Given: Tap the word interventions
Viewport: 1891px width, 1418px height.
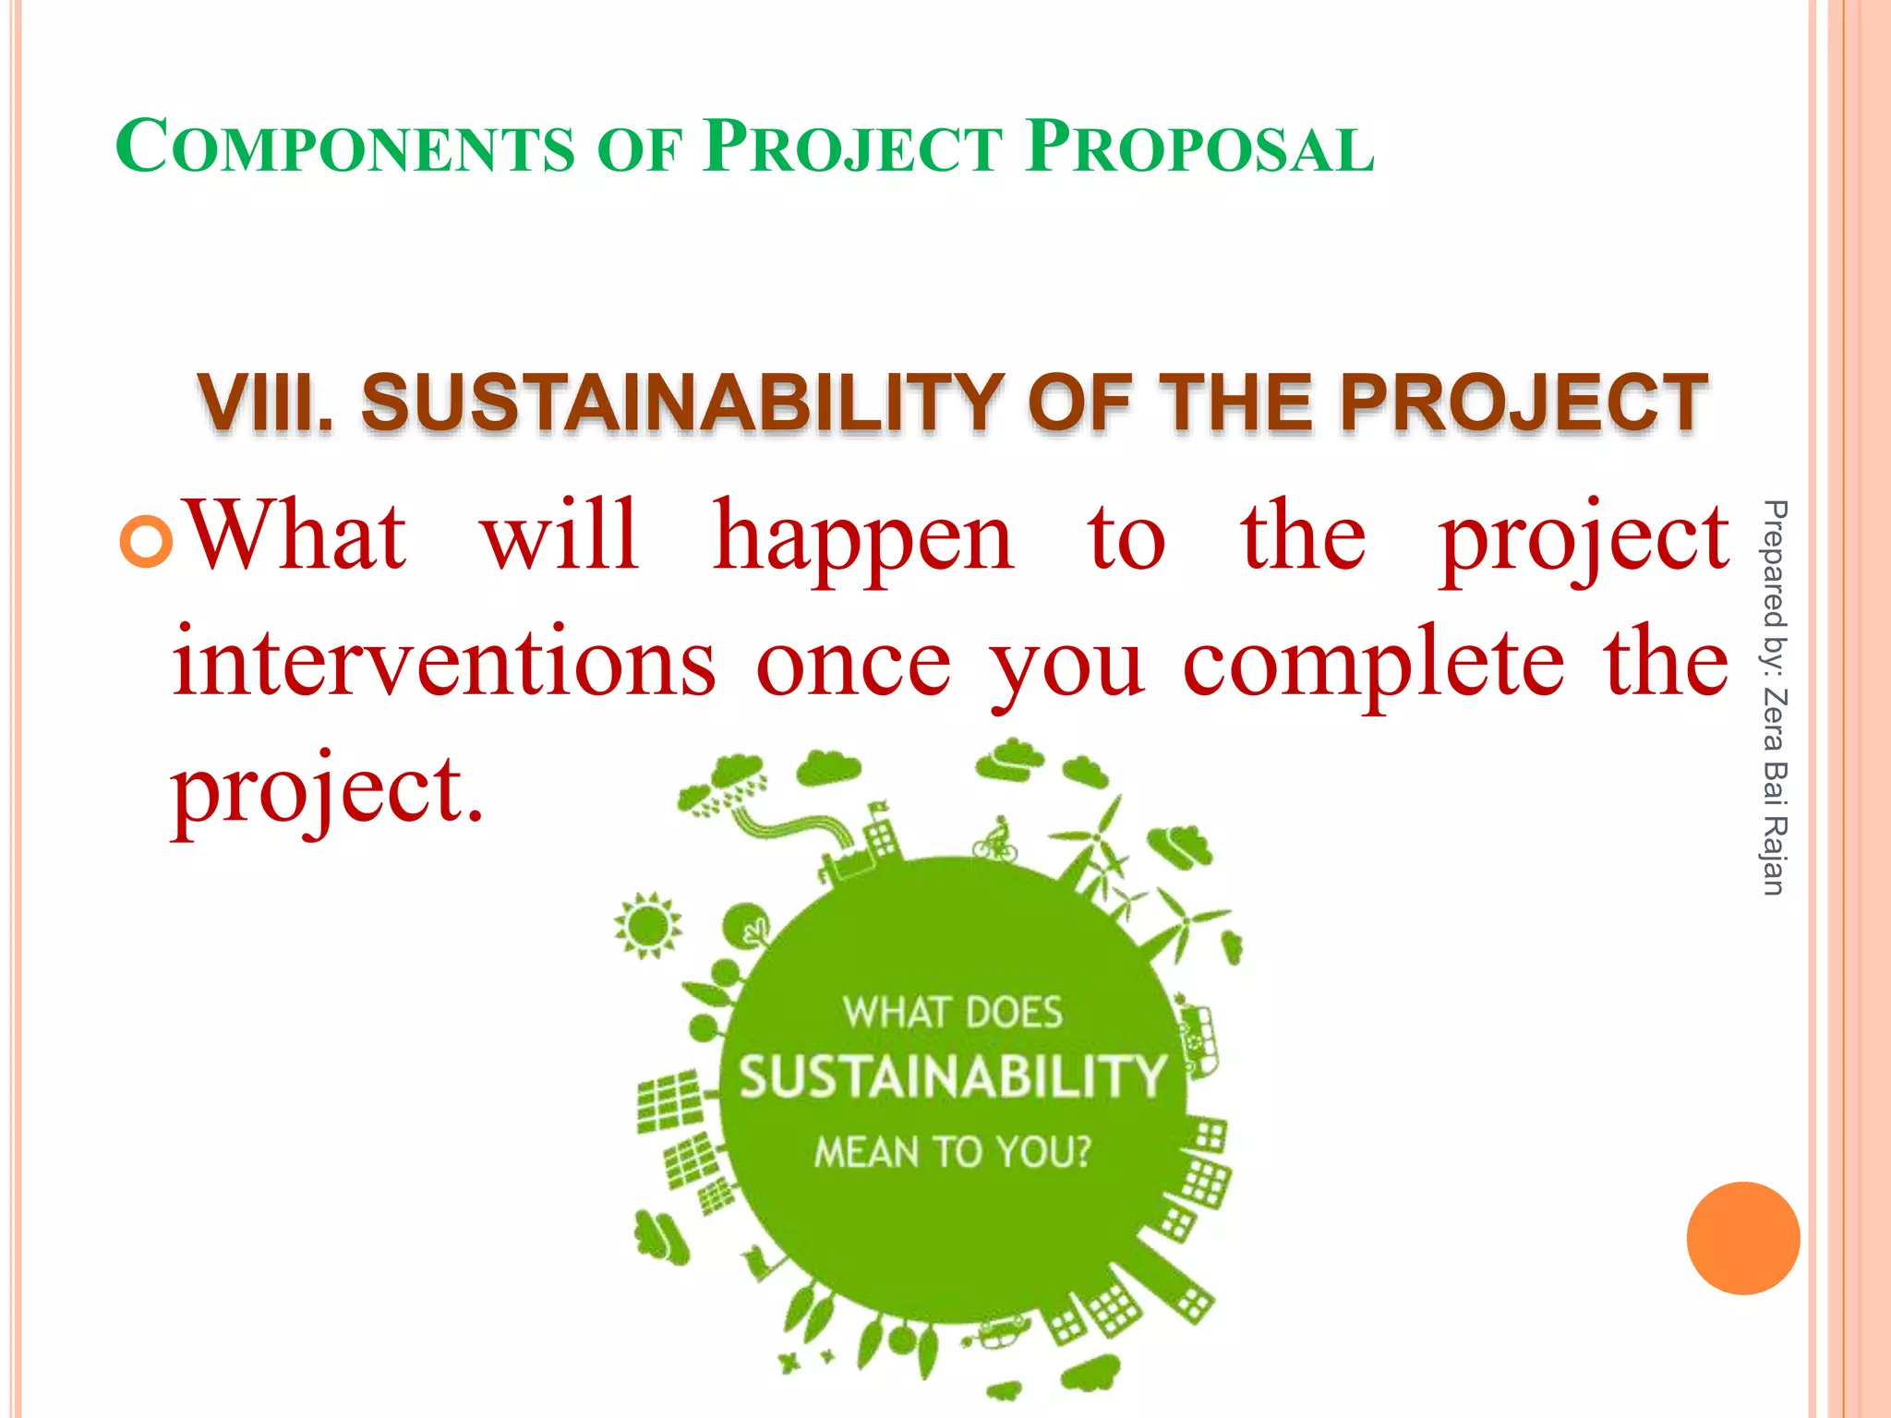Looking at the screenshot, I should click(x=444, y=663).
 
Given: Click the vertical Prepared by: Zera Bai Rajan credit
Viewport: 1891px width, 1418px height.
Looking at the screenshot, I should click(x=1774, y=697).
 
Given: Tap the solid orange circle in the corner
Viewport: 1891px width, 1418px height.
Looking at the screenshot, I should click(x=1742, y=1238).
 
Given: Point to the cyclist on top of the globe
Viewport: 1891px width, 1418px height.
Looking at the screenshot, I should click(x=996, y=840).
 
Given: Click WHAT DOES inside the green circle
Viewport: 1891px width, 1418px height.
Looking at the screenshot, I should click(x=952, y=1013).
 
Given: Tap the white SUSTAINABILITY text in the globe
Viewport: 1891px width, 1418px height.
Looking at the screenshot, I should click(x=952, y=1077).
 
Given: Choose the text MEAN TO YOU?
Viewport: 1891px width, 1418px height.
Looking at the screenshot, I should click(x=952, y=1152).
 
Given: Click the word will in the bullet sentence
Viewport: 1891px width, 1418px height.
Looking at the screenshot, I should click(x=560, y=536).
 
